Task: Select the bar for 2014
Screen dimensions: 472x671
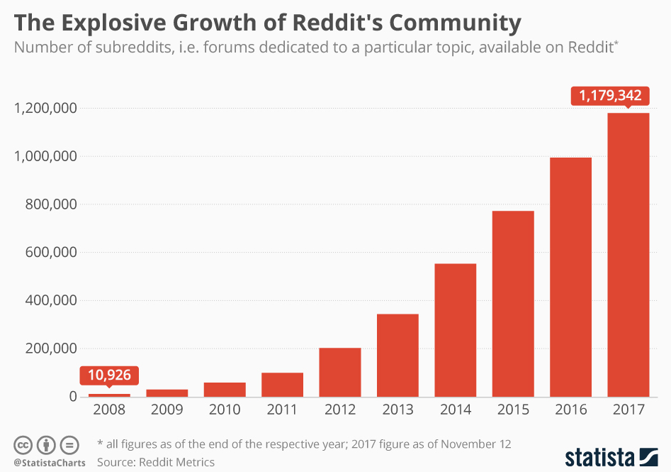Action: tap(455, 329)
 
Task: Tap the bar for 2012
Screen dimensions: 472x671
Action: tap(340, 372)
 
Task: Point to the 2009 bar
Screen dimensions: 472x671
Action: tap(167, 393)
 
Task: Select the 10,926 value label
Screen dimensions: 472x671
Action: tap(109, 375)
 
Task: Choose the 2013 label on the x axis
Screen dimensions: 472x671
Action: tap(397, 410)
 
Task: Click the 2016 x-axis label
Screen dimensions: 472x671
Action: tap(570, 410)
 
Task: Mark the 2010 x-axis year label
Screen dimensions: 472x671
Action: tap(225, 410)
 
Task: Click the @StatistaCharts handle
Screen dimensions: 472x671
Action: tap(49, 463)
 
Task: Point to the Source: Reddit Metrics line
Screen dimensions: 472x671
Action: tap(156, 462)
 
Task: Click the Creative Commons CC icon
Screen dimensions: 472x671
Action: tap(23, 445)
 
